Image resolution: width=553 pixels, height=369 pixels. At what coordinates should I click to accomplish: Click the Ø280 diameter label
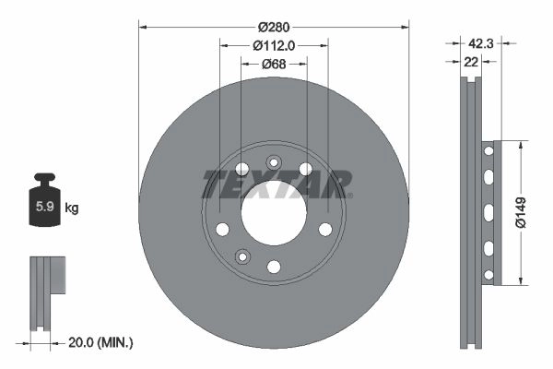click(x=274, y=27)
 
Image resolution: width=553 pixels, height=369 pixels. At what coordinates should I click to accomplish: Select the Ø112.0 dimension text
click(x=274, y=45)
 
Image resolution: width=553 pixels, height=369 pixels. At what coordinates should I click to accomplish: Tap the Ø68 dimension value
click(x=274, y=64)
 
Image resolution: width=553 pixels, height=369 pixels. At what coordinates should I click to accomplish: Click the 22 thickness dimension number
click(x=471, y=62)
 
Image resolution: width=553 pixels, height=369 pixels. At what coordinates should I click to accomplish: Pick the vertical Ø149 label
click(x=521, y=212)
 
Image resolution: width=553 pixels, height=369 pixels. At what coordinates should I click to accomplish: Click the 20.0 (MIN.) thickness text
click(x=100, y=342)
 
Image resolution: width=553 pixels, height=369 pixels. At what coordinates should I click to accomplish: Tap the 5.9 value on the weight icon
click(x=45, y=206)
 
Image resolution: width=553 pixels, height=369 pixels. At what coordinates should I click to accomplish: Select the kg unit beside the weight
click(x=72, y=208)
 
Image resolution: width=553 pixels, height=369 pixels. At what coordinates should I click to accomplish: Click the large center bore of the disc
click(x=274, y=213)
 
